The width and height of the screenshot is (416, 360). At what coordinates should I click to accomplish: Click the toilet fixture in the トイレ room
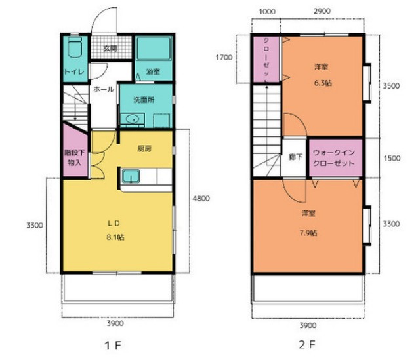pyautogui.click(x=75, y=47)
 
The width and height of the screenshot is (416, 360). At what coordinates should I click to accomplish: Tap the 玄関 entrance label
pyautogui.click(x=110, y=49)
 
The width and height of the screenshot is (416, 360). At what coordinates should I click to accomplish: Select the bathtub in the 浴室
pyautogui.click(x=154, y=49)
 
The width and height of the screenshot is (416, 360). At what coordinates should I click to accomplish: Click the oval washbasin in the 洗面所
pyautogui.click(x=132, y=119)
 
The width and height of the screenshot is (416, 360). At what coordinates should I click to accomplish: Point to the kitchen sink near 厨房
pyautogui.click(x=131, y=176)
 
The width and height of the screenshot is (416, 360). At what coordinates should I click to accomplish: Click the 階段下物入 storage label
pyautogui.click(x=74, y=158)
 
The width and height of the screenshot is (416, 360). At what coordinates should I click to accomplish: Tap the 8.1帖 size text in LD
pyautogui.click(x=115, y=237)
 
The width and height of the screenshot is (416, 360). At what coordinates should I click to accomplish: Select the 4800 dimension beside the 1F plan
pyautogui.click(x=201, y=198)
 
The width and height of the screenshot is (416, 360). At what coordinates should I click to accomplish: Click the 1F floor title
pyautogui.click(x=113, y=346)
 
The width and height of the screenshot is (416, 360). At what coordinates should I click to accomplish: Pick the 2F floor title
pyautogui.click(x=307, y=345)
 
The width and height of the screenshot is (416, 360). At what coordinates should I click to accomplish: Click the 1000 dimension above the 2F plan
pyautogui.click(x=267, y=12)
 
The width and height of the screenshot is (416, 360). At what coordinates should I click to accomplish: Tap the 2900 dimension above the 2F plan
pyautogui.click(x=322, y=11)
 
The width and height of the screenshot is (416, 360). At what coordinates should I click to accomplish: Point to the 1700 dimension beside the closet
pyautogui.click(x=224, y=58)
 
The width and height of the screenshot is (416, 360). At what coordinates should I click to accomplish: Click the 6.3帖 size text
pyautogui.click(x=323, y=83)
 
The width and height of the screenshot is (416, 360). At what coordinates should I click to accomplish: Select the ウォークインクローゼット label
pyautogui.click(x=334, y=158)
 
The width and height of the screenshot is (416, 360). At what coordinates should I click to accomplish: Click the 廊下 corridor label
pyautogui.click(x=295, y=157)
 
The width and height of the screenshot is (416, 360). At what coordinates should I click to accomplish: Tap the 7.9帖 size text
pyautogui.click(x=308, y=233)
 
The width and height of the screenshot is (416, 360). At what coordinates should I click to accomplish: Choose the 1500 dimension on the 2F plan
pyautogui.click(x=392, y=158)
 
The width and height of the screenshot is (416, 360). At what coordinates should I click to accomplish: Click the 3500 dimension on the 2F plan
pyautogui.click(x=391, y=86)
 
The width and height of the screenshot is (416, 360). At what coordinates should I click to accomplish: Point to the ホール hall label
pyautogui.click(x=104, y=89)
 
